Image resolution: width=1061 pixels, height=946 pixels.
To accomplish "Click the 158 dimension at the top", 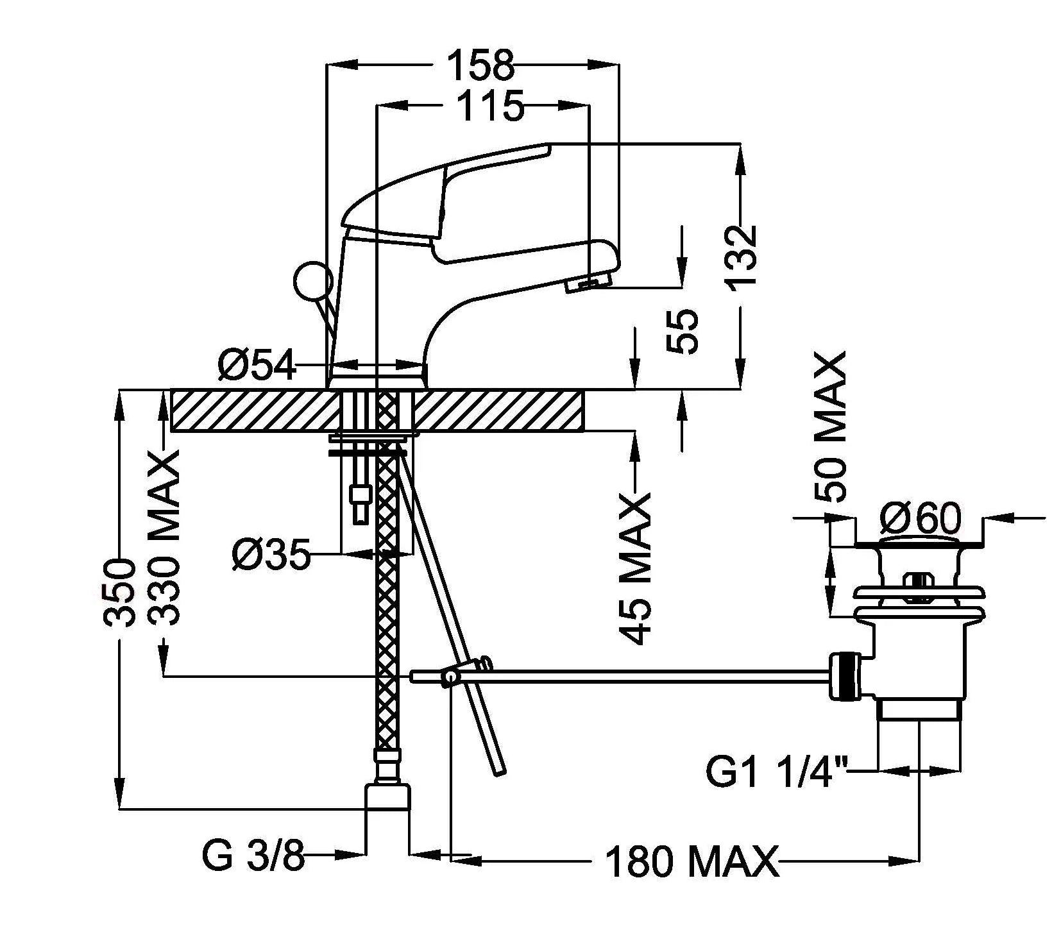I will (481, 65).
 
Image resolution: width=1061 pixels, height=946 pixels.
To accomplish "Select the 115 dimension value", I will (491, 106).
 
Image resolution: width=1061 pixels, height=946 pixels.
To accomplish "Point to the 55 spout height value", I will (681, 331).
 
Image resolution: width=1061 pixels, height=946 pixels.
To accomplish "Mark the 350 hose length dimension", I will (121, 593).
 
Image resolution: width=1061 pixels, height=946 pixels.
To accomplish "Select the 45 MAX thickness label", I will (636, 568).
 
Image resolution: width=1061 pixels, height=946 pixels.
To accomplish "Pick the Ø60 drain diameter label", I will (920, 518).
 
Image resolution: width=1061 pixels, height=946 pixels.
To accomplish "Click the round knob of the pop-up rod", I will (312, 280).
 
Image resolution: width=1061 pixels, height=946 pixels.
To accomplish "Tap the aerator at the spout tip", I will (586, 283).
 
